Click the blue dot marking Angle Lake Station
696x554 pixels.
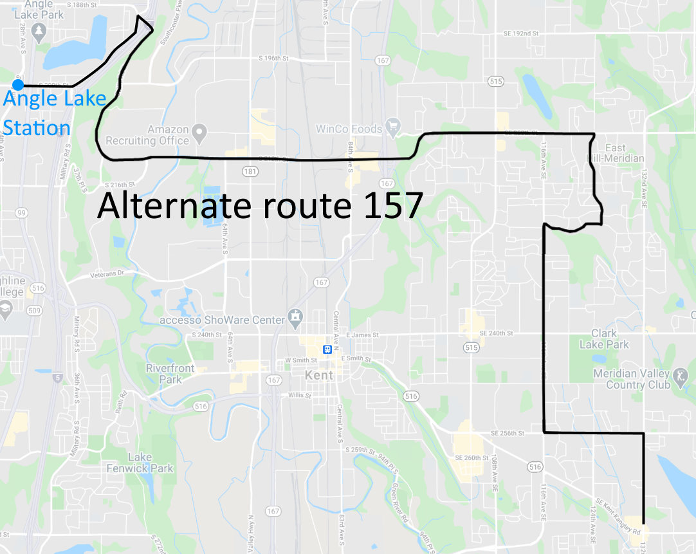[x=18, y=85]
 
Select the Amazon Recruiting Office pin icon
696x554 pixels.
[x=200, y=134]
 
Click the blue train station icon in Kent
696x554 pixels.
[x=327, y=349]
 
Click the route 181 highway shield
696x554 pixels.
[x=250, y=172]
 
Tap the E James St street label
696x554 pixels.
[x=363, y=335]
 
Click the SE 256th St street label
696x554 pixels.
[x=508, y=433]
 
